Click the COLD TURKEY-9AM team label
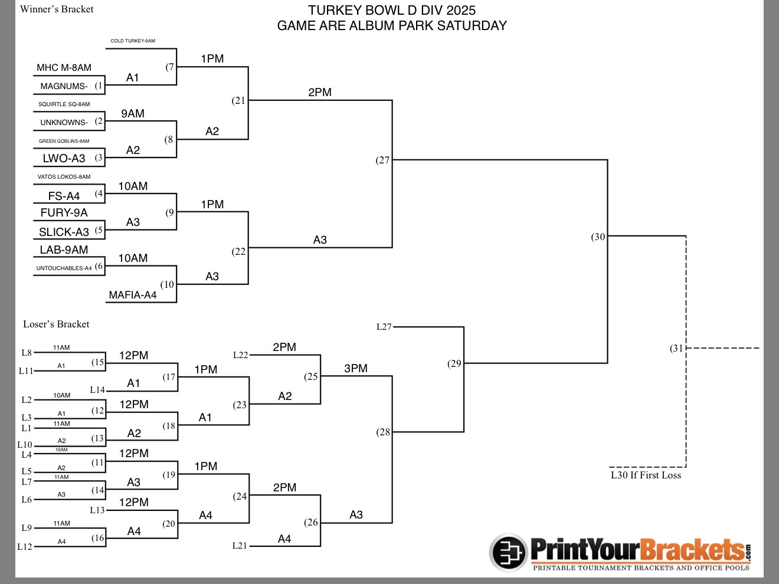pos(133,41)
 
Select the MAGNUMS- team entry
pos(64,86)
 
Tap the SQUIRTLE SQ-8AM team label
pos(64,104)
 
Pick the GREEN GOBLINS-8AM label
pos(64,141)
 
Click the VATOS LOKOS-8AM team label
pos(64,176)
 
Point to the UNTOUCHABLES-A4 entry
pos(64,268)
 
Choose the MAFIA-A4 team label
pos(133,295)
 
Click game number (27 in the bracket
pos(382,160)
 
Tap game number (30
pos(598,237)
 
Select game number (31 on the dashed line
pos(676,348)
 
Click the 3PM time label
pos(356,369)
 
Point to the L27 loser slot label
pos(384,327)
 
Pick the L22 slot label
pos(240,355)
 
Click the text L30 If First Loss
pos(646,475)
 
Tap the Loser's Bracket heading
pos(56,324)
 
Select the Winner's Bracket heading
pos(57,9)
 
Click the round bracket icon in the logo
pos(509,553)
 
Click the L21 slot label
pos(240,546)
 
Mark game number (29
pos(454,363)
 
